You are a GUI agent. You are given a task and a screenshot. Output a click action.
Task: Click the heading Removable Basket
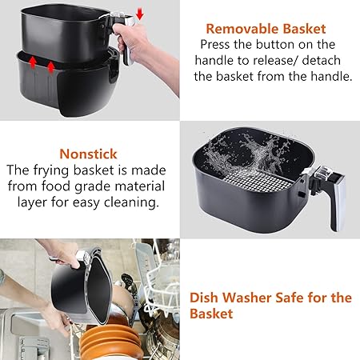pyautogui.click(x=270, y=28)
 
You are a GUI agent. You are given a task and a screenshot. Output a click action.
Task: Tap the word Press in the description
pyautogui.click(x=217, y=45)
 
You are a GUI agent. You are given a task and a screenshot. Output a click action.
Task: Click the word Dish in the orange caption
pyautogui.click(x=206, y=298)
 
